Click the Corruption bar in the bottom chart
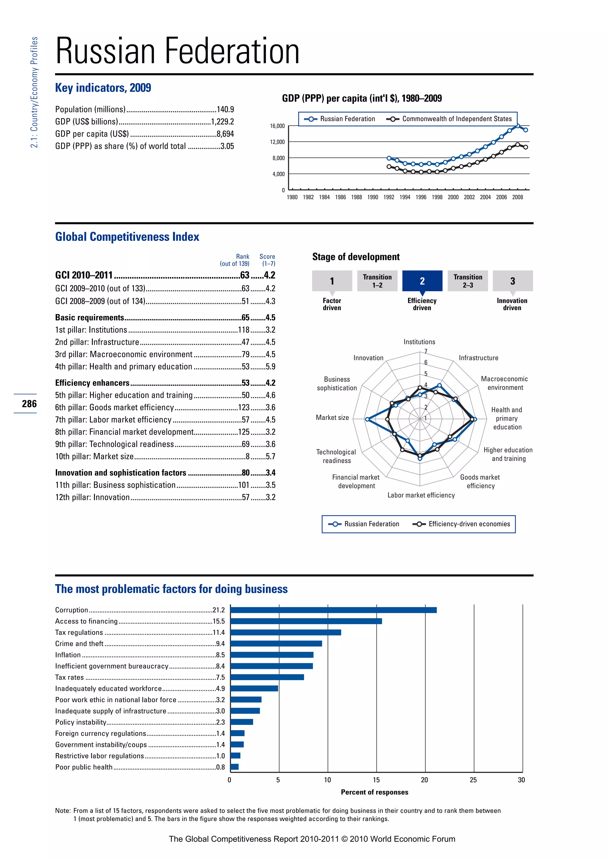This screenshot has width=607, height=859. click(333, 610)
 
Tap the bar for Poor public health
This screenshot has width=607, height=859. click(234, 767)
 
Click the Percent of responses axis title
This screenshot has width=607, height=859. click(375, 792)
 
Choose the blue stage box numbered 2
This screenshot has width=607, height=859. click(422, 281)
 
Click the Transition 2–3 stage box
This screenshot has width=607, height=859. click(468, 281)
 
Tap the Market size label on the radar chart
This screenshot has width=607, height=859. click(332, 418)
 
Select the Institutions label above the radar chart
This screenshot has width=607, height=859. click(419, 342)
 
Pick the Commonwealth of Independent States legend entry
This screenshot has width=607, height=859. click(456, 119)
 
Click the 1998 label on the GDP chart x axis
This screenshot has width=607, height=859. click(437, 198)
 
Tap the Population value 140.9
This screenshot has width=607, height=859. click(225, 110)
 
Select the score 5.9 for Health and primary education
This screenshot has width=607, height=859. click(270, 367)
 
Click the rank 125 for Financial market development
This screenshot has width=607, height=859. click(244, 432)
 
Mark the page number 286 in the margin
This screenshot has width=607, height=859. click(29, 404)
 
